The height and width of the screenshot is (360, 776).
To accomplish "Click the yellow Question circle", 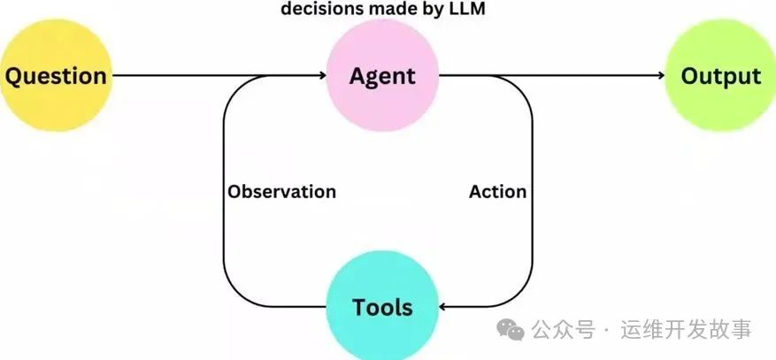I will [x=55, y=76].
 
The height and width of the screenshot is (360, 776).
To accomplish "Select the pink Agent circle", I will [x=382, y=76].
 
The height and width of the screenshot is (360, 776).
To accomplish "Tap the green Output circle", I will [x=720, y=76].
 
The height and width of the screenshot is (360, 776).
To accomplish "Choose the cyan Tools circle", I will [x=382, y=306].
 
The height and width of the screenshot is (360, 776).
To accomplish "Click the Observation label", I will [x=281, y=192].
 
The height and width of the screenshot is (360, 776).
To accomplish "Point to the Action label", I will [x=497, y=192].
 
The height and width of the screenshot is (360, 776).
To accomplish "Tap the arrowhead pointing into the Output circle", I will [x=659, y=76].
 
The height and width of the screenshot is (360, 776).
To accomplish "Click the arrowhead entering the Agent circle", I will [x=322, y=76].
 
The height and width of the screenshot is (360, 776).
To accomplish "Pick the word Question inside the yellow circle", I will [x=55, y=76].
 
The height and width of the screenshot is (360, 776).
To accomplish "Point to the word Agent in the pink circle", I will [x=382, y=76].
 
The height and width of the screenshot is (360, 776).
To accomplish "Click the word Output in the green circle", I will [x=720, y=76].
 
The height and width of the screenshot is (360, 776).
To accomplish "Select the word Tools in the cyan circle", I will [x=382, y=307].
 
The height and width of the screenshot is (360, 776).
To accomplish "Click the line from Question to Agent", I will [x=212, y=76].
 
